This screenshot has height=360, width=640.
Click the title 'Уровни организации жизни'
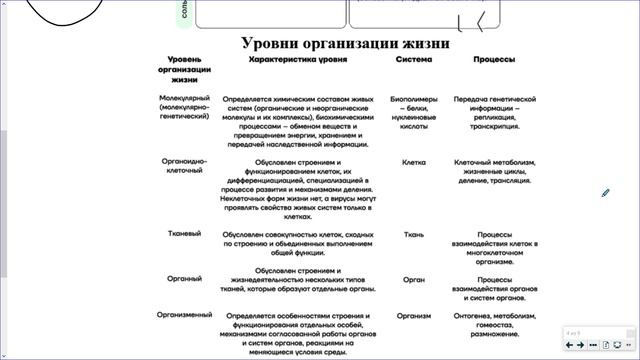(x=345, y=44)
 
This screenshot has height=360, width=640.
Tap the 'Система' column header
(x=414, y=60)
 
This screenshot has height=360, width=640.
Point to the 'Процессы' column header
(x=494, y=60)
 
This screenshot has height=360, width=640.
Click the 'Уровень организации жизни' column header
(x=184, y=69)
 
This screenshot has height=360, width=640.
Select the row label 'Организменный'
(x=184, y=315)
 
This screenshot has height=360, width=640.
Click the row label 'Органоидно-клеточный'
(x=184, y=165)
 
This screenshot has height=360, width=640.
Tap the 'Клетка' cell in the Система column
(x=414, y=161)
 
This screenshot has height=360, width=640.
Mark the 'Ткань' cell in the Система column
(x=414, y=234)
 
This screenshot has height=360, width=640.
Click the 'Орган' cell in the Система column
(x=414, y=281)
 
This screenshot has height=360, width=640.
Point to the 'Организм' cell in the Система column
(x=414, y=315)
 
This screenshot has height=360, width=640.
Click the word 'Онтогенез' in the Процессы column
(x=474, y=315)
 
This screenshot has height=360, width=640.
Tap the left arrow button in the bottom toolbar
(x=569, y=345)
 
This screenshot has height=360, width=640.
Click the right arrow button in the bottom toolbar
(x=580, y=345)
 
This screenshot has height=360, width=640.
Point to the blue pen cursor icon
(x=606, y=192)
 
